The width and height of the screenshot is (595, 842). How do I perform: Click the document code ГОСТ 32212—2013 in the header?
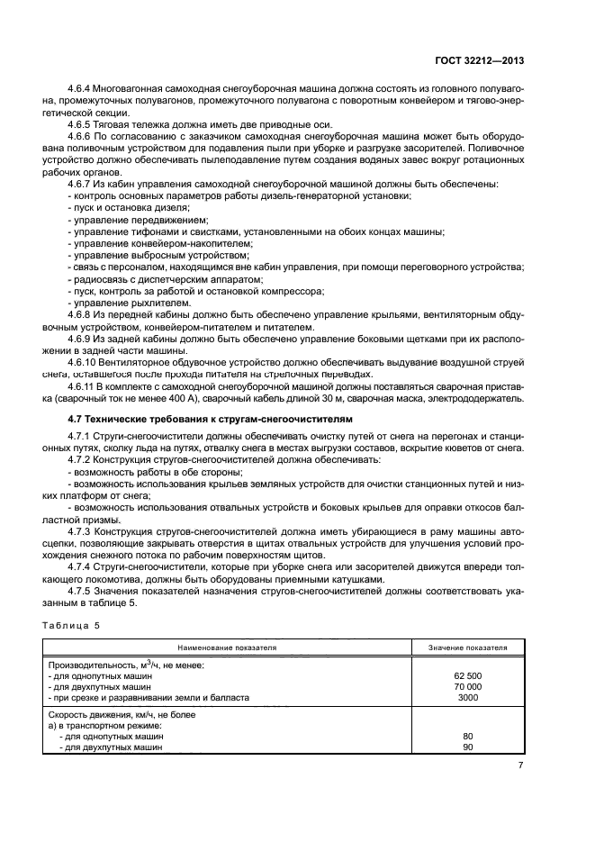pyautogui.click(x=480, y=60)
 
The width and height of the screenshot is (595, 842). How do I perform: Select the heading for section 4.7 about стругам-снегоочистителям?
pyautogui.click(x=211, y=420)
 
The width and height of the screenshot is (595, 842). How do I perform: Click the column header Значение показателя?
pyautogui.click(x=467, y=647)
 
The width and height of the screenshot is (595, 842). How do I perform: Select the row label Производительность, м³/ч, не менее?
pyautogui.click(x=126, y=665)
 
